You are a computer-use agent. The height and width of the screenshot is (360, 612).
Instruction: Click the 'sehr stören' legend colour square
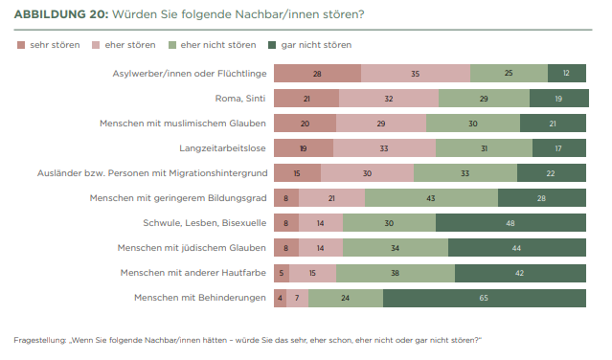[x=21, y=45]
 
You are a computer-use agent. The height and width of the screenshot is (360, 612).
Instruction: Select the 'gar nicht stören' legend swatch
[x=272, y=45]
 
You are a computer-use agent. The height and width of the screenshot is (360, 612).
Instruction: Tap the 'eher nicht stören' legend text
[x=218, y=45]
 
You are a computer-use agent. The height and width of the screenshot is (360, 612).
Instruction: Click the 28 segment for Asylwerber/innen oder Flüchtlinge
[x=317, y=74]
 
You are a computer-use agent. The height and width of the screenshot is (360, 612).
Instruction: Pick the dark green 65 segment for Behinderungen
[x=485, y=298]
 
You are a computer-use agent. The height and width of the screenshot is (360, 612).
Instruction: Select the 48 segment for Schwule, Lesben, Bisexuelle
[x=510, y=223]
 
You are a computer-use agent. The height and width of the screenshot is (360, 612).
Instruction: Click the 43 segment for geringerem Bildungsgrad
[x=431, y=198]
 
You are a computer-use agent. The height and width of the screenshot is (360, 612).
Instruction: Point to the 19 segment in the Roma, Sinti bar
[x=559, y=99]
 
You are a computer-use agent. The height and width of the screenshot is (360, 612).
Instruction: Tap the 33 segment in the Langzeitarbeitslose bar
[x=384, y=148]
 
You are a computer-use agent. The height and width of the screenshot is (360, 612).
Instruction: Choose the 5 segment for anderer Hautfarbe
[x=282, y=273]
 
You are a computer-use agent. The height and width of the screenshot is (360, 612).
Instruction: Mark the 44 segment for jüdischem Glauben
[x=517, y=248]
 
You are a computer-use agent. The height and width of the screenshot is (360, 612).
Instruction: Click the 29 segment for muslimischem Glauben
[x=381, y=124]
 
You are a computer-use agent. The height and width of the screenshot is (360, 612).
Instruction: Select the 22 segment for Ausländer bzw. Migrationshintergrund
[x=552, y=173]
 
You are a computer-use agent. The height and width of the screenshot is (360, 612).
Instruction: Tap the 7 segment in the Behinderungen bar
[x=298, y=298]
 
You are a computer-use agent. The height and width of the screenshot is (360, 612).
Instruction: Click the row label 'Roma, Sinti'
[x=240, y=99]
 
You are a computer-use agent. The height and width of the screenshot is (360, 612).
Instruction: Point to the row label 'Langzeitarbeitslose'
[x=222, y=148]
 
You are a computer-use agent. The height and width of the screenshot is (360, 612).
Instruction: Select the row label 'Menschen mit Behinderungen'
[x=200, y=298]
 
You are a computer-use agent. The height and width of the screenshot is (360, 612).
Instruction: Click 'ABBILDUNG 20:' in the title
[x=61, y=14]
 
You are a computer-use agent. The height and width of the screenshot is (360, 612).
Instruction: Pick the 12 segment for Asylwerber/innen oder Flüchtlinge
[x=567, y=74]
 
